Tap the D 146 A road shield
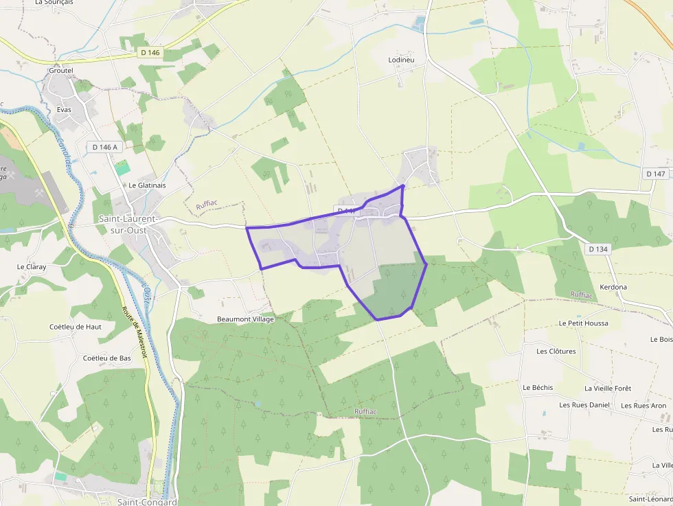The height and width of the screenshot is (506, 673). tap(105, 146)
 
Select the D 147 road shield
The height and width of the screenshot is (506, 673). tap(656, 174)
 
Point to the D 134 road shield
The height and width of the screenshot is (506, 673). tap(597, 249)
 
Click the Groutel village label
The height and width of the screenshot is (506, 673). tap(61, 70)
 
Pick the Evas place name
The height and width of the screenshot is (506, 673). tap(65, 109)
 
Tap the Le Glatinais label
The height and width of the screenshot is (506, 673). tap(147, 185)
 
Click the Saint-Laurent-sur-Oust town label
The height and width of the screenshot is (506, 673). tap(128, 225)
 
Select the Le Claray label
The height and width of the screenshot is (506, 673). tap(31, 266)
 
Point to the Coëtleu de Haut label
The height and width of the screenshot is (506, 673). tap(76, 327)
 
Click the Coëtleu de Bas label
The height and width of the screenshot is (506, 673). tap(106, 358)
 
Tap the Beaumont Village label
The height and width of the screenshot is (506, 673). tap(245, 319)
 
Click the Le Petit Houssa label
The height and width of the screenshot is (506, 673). tap(583, 323)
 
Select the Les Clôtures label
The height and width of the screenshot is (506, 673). tap(556, 351)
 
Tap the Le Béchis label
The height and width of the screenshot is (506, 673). tap(538, 387)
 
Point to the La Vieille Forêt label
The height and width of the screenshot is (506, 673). tap(608, 388)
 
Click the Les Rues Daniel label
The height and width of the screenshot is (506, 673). tap(584, 405)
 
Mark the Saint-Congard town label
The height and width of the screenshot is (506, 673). tap(147, 501)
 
